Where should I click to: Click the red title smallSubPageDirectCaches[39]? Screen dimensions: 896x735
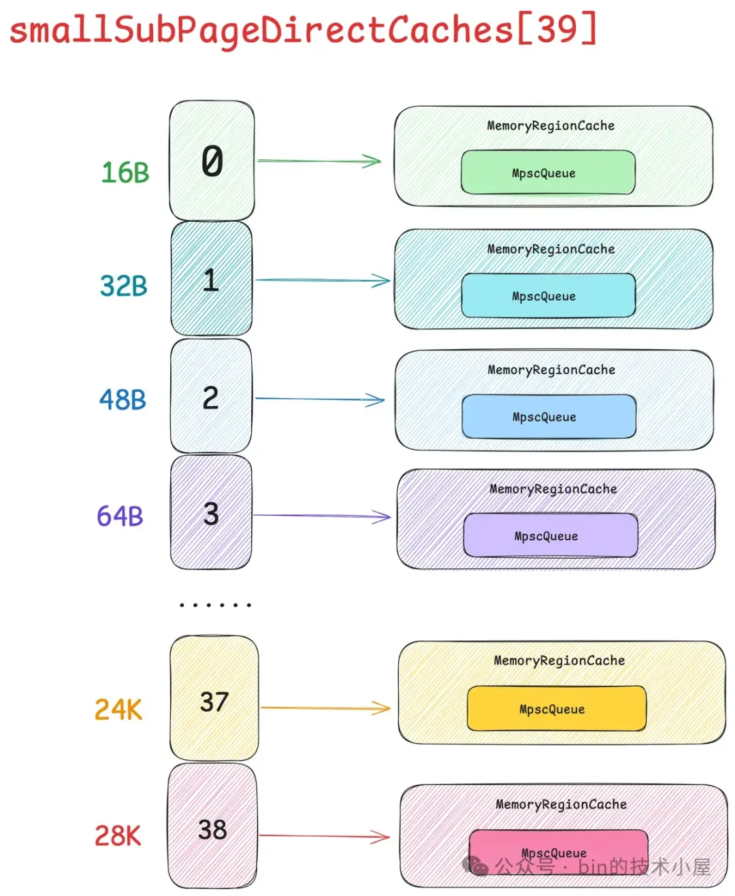click(x=303, y=30)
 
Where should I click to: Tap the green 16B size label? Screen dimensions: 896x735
click(x=125, y=173)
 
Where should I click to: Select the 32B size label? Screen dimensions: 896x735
click(x=124, y=286)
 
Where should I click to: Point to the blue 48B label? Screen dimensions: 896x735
click(x=122, y=399)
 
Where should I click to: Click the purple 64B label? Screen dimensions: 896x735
click(x=120, y=516)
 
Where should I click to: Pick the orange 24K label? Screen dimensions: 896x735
click(x=118, y=710)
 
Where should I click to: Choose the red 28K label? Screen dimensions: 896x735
click(x=118, y=835)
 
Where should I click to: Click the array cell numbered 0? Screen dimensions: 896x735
click(x=212, y=161)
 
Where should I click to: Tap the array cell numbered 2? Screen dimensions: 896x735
click(x=211, y=397)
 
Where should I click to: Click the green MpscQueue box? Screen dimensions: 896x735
click(x=548, y=173)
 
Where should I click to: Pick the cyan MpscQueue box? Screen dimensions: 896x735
click(x=548, y=296)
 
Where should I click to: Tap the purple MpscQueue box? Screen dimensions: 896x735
click(x=551, y=535)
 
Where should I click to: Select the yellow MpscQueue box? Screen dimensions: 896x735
click(x=556, y=709)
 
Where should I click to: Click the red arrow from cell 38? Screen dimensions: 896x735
click(x=323, y=836)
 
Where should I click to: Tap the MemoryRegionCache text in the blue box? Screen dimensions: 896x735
click(x=551, y=370)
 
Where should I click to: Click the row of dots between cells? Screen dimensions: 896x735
click(x=215, y=604)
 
